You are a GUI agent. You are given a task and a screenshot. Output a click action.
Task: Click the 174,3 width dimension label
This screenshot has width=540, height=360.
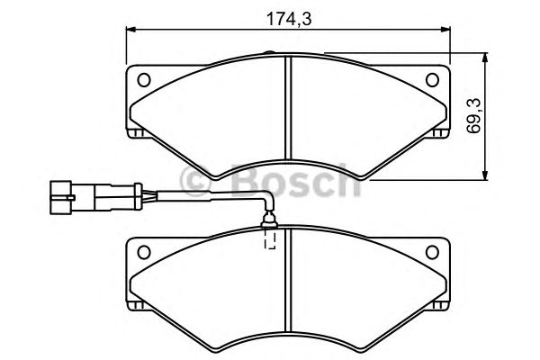click(289, 19)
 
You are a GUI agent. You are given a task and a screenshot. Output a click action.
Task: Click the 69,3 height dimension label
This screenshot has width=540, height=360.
click(474, 116)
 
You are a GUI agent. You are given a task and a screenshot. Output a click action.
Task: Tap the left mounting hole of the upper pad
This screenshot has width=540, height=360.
click(144, 80)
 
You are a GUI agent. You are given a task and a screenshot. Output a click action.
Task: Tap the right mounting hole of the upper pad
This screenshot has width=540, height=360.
click(432, 80)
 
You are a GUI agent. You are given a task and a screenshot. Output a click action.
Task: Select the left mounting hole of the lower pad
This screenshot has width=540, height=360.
click(144, 252)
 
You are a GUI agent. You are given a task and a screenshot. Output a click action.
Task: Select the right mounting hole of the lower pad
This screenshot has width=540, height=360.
click(432, 252)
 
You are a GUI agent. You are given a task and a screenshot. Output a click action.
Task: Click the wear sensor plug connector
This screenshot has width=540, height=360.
click(96, 197)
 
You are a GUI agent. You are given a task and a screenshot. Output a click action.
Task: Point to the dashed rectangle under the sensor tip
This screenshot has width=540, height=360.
click(270, 238)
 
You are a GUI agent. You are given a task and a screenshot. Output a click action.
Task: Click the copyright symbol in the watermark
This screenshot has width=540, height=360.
click(194, 181)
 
